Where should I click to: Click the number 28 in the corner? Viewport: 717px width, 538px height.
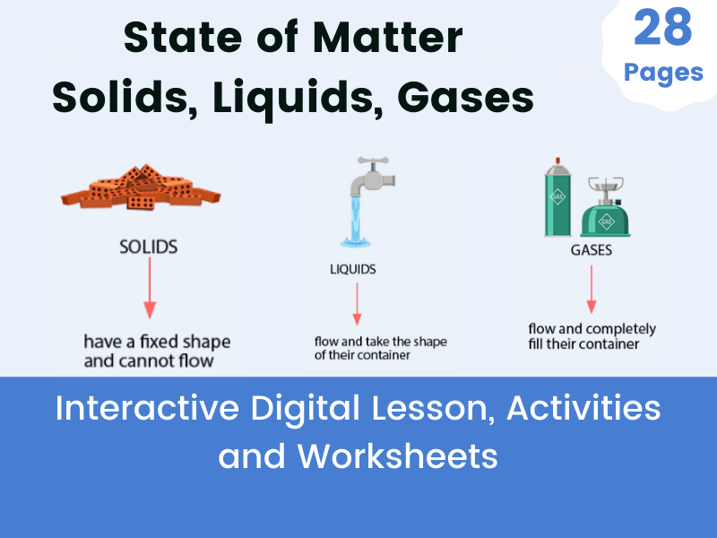click(663, 27)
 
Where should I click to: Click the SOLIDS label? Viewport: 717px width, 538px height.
click(148, 246)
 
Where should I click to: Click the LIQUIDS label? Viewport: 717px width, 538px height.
click(352, 268)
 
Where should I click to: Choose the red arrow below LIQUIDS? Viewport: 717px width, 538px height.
click(357, 304)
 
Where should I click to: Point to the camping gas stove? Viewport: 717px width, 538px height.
click(603, 208)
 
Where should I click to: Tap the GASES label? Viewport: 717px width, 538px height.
click(592, 250)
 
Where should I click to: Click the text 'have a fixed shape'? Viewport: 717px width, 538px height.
click(157, 342)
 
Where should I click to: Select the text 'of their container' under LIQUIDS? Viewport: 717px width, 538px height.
click(362, 355)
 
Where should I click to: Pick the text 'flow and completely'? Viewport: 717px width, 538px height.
click(592, 328)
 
